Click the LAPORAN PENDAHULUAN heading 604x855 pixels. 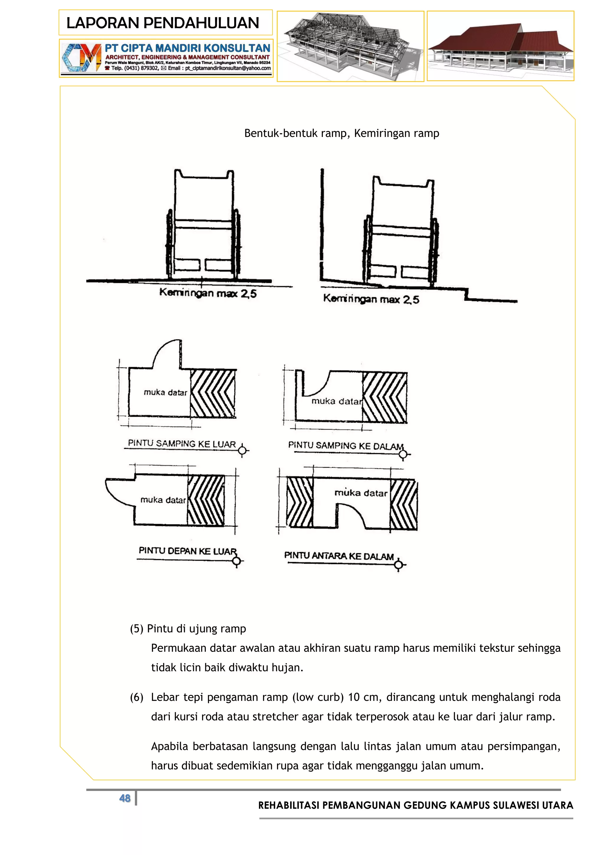163,23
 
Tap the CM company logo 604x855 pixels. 81,58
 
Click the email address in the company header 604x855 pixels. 228,68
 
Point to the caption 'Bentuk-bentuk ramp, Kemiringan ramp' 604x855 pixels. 342,133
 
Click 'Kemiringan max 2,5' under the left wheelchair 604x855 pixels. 208,293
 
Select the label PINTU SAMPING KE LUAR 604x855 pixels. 182,443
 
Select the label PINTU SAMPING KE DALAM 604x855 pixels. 346,446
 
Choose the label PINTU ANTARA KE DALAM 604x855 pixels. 339,556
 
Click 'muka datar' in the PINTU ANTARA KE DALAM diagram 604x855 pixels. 361,493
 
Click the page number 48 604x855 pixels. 125,798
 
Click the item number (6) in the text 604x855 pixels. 137,697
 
